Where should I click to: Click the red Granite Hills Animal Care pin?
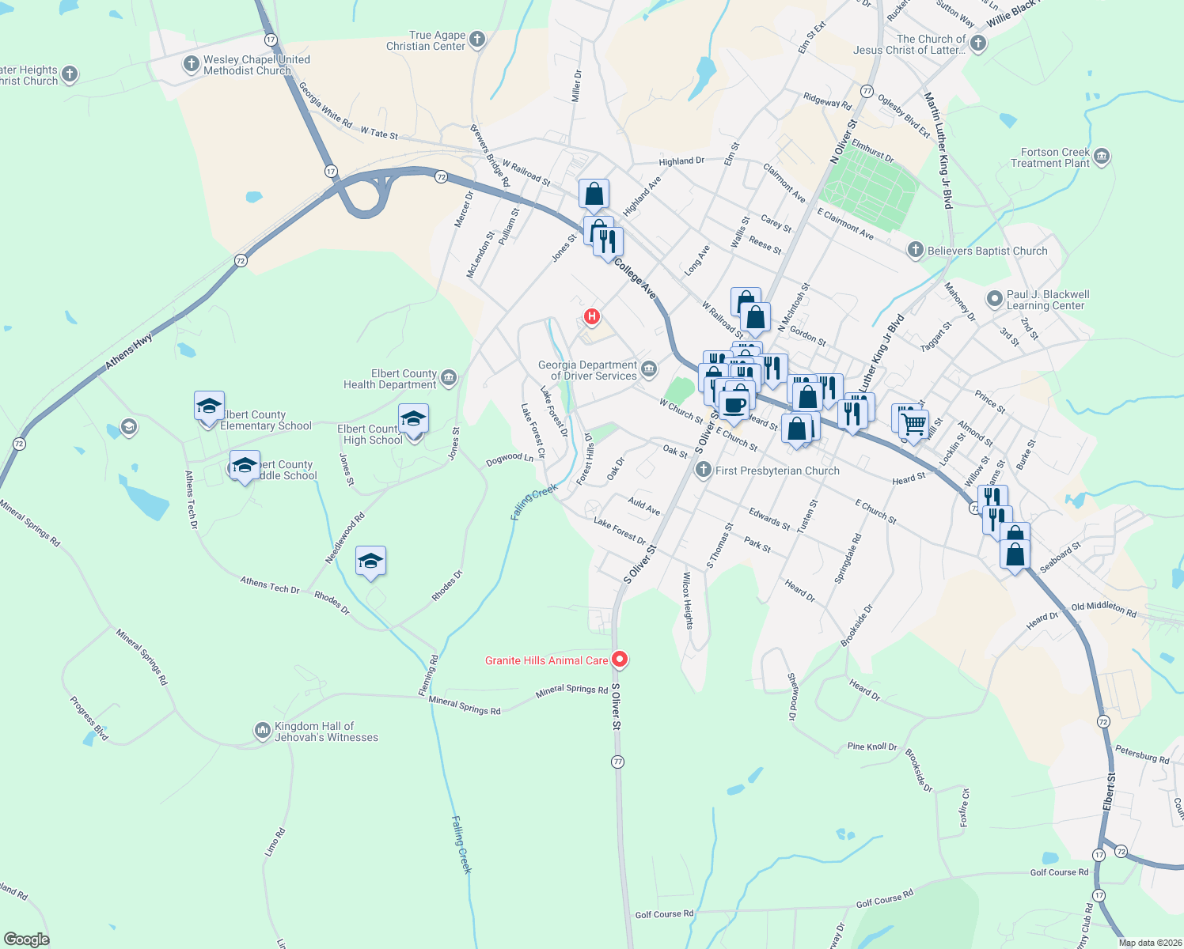pyautogui.click(x=620, y=659)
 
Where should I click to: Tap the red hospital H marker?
pyautogui.click(x=591, y=317)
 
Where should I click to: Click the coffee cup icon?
pyautogui.click(x=734, y=406)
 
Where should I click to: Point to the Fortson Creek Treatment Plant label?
pyautogui.click(x=1050, y=157)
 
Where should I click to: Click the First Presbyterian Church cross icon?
pyautogui.click(x=703, y=471)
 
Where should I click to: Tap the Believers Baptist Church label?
pyautogui.click(x=987, y=251)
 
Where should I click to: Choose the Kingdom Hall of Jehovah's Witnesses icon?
pyautogui.click(x=262, y=732)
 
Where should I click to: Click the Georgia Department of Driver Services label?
pyautogui.click(x=587, y=370)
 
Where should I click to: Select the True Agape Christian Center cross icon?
pyautogui.click(x=477, y=39)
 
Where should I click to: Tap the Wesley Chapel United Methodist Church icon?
pyautogui.click(x=191, y=64)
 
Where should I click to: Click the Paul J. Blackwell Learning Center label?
pyautogui.click(x=1047, y=300)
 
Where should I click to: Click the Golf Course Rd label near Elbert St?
pyautogui.click(x=1059, y=872)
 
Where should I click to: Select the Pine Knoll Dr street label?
pyautogui.click(x=872, y=747)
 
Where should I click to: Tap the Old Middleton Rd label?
pyautogui.click(x=1103, y=609)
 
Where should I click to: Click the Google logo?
pyautogui.click(x=27, y=940)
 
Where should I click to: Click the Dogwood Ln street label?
pyautogui.click(x=509, y=458)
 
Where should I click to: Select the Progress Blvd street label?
pyautogui.click(x=89, y=718)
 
